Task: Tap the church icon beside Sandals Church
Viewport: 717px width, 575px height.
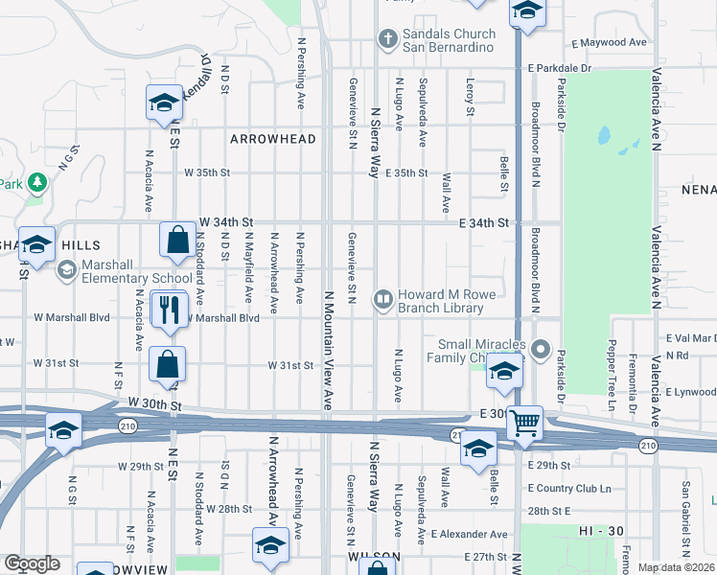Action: tap(387, 39)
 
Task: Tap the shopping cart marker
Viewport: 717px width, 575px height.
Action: tap(524, 423)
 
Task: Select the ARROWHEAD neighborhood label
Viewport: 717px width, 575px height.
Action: tap(273, 139)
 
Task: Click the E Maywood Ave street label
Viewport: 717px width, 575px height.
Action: tap(610, 43)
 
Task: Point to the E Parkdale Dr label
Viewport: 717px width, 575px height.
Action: tap(561, 69)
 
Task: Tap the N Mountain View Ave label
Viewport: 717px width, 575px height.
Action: tap(328, 351)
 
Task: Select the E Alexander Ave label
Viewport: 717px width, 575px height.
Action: tap(469, 534)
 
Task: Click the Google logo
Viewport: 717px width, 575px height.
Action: tap(32, 563)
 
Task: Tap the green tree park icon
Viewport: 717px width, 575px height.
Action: tap(37, 181)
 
